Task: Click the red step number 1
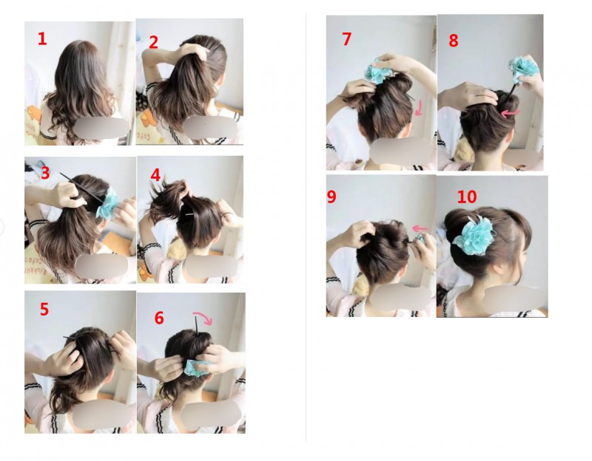tap(42, 39)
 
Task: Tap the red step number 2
tap(153, 42)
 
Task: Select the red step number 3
tap(45, 173)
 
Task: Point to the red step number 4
tap(155, 175)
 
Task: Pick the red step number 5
tap(44, 309)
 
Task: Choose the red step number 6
tap(159, 318)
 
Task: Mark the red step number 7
tap(346, 39)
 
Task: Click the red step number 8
tap(454, 41)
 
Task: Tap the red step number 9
tap(331, 197)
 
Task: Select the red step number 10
tap(467, 197)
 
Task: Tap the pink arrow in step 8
tap(511, 113)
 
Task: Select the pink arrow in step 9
tap(420, 228)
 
